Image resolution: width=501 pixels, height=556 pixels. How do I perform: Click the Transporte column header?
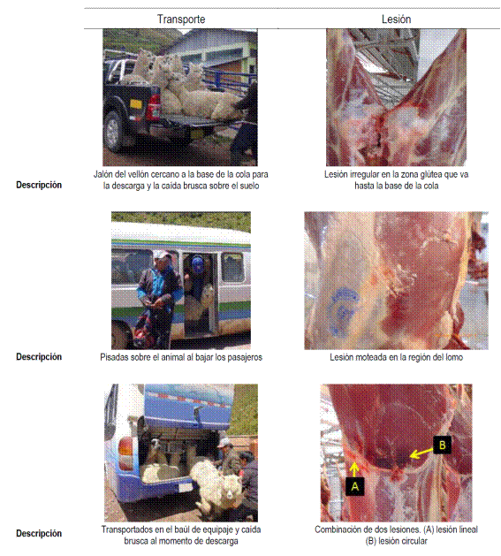(x=181, y=19)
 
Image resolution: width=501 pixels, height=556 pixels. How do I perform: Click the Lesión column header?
(x=396, y=19)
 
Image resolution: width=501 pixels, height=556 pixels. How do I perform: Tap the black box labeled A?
(x=354, y=486)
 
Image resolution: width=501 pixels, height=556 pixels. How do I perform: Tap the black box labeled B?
(x=442, y=445)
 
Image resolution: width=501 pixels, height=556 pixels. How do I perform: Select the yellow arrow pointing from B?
(x=421, y=453)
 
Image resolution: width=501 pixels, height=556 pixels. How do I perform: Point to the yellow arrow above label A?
(x=353, y=469)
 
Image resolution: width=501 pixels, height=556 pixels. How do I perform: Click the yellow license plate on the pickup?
(x=135, y=104)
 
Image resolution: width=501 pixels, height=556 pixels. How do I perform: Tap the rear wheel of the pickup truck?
(x=113, y=132)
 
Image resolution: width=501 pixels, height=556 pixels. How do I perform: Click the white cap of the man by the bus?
(x=161, y=255)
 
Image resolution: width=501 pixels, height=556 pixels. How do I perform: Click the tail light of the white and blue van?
(x=125, y=446)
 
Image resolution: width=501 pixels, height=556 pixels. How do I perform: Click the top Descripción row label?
(x=39, y=185)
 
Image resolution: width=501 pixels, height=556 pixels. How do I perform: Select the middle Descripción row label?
(x=39, y=357)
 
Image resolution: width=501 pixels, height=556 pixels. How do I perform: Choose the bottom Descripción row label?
(x=39, y=534)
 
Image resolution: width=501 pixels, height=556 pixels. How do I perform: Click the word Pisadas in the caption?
(x=113, y=357)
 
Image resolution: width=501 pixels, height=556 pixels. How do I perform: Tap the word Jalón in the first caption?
(x=102, y=174)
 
